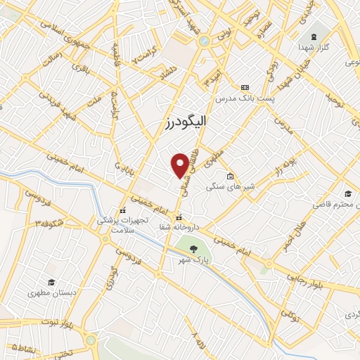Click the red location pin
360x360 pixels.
tap(180, 165)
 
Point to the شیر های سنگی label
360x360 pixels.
tap(224, 188)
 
